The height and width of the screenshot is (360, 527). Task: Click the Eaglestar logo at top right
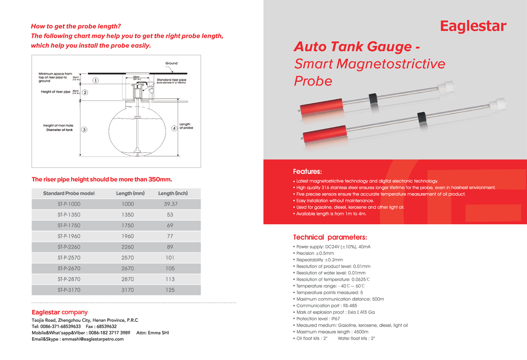(473, 26)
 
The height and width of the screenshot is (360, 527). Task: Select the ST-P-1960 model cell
(69, 236)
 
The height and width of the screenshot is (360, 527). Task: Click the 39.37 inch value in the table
(170, 204)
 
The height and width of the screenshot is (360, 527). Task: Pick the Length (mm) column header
(130, 194)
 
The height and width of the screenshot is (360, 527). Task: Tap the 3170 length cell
(128, 290)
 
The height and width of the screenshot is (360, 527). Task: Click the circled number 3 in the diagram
(84, 130)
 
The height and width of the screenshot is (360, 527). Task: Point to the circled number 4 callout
(174, 128)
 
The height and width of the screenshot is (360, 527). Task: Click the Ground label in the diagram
(171, 63)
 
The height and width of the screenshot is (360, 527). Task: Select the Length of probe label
(186, 126)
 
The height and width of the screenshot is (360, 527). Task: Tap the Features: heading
(307, 171)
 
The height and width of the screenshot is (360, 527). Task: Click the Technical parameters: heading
(327, 238)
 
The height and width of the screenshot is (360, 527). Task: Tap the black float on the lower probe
(421, 117)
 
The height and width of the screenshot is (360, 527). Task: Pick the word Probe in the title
(313, 81)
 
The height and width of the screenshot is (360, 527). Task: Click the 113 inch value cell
(170, 279)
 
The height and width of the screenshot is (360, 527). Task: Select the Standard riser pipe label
(171, 80)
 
